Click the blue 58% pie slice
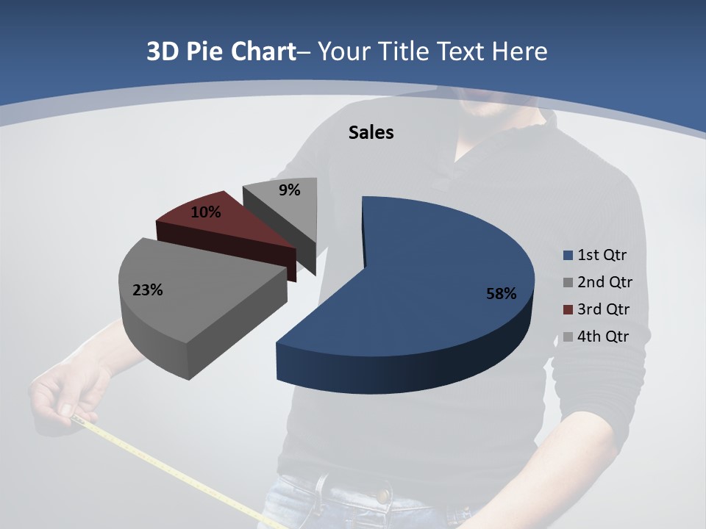coord(441,279)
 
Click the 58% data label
coord(501,294)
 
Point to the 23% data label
coord(147,290)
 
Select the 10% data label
coord(206,212)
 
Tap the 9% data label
coord(290,190)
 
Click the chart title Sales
coord(371,132)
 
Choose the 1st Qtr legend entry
coord(602,255)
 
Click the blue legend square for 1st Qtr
coord(568,256)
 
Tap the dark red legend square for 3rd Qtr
coord(568,310)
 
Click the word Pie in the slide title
coord(205,52)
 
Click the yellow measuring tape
coord(184,470)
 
